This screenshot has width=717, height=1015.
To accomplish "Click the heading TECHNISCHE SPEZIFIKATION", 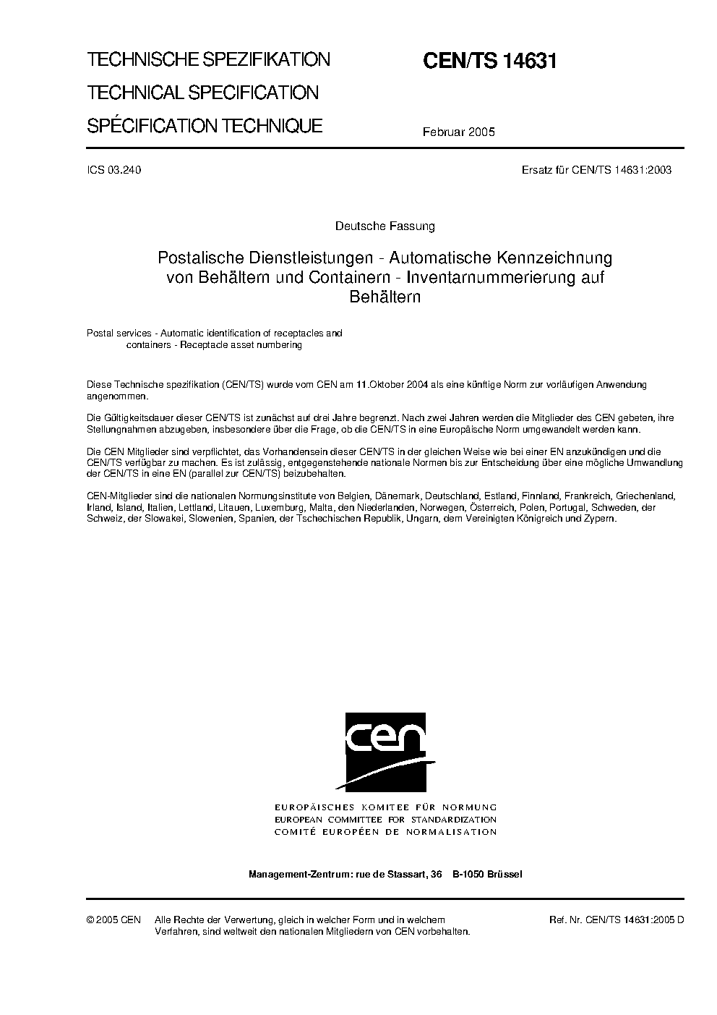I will [208, 59].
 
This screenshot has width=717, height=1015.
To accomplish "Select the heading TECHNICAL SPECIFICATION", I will [202, 93].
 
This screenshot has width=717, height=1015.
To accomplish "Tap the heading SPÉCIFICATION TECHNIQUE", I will [205, 126].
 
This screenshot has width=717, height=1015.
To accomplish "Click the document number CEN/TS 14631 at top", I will [489, 61].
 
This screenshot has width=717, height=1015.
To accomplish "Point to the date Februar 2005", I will [459, 132].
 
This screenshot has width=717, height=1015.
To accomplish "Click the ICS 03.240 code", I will [113, 171].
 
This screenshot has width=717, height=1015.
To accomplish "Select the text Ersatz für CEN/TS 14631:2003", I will [596, 171].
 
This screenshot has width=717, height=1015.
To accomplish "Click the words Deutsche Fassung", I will [385, 226].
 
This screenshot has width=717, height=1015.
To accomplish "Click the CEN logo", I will [385, 753].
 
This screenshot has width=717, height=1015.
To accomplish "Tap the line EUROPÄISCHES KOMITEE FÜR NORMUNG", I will [385, 807].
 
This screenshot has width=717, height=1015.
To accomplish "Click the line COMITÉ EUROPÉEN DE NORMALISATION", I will [385, 832].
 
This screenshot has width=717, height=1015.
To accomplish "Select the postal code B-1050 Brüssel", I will [487, 874].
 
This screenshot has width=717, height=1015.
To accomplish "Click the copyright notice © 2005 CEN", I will [113, 920].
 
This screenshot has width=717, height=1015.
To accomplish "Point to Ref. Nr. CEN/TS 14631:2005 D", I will [616, 920].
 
